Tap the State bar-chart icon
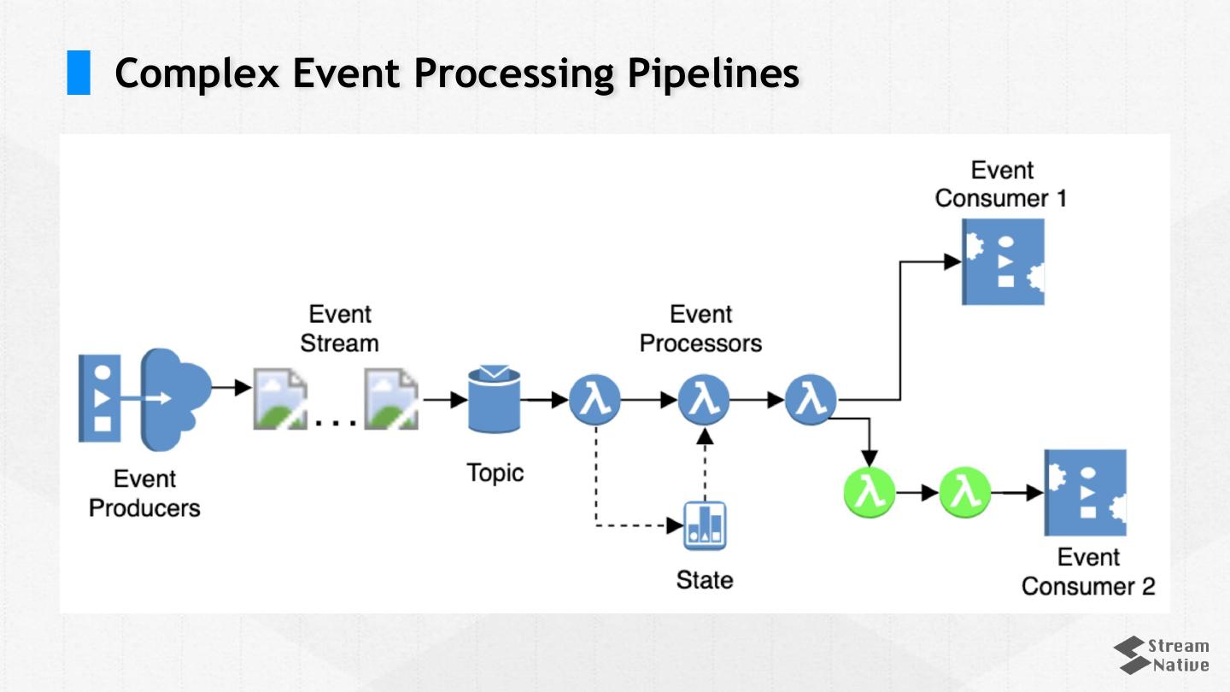pos(706,525)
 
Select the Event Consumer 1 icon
pos(1004,261)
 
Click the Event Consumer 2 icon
pos(1086,492)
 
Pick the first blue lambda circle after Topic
pos(594,399)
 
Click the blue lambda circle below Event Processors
pos(704,399)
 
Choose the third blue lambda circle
pos(811,399)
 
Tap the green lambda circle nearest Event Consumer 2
pos(965,493)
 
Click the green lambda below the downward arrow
pos(870,493)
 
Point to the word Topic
pos(495,472)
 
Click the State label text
pos(705,580)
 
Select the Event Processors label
pos(700,329)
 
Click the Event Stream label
pos(339,329)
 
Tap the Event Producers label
pos(144,493)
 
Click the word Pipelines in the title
pos(713,73)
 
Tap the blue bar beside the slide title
pos(79,73)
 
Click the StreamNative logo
pos(1162,655)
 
